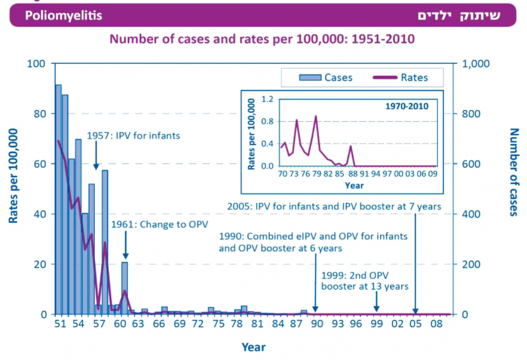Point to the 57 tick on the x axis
pos(98,325)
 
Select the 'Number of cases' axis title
pos(514,172)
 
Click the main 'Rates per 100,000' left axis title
pos(14,175)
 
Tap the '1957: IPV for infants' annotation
pos(133,136)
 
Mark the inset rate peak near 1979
pos(316,117)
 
